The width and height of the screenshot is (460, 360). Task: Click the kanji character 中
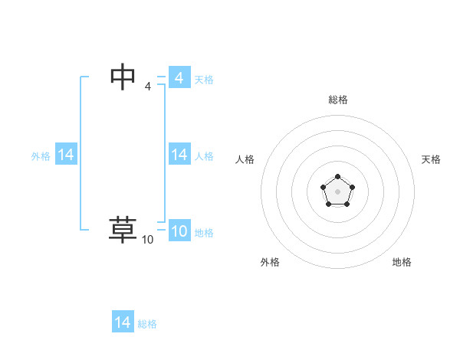click(123, 77)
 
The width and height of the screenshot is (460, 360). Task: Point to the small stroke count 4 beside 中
click(147, 87)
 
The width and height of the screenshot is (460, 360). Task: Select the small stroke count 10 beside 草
click(147, 240)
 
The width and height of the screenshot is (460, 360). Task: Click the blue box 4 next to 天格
click(179, 78)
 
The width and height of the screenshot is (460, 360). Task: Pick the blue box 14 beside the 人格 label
click(179, 155)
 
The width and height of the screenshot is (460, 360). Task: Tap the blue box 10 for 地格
click(179, 231)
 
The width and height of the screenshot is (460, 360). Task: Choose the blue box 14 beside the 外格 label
click(66, 155)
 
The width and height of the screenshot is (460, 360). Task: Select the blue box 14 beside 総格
click(123, 322)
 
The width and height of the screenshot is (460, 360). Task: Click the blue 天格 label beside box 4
click(204, 80)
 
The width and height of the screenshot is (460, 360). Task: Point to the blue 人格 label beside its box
click(204, 156)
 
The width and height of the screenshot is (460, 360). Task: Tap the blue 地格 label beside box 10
click(204, 233)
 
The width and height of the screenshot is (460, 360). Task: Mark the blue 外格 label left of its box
click(41, 156)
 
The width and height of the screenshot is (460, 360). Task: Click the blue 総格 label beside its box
click(147, 324)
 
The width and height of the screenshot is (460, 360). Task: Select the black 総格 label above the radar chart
click(337, 100)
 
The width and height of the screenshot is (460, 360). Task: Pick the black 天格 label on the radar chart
click(431, 159)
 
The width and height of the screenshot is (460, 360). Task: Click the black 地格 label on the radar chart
click(402, 262)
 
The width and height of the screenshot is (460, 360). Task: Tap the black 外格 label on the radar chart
click(270, 262)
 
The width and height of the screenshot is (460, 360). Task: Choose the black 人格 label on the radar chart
click(245, 159)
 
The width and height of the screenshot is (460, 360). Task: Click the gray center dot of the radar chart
click(337, 191)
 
